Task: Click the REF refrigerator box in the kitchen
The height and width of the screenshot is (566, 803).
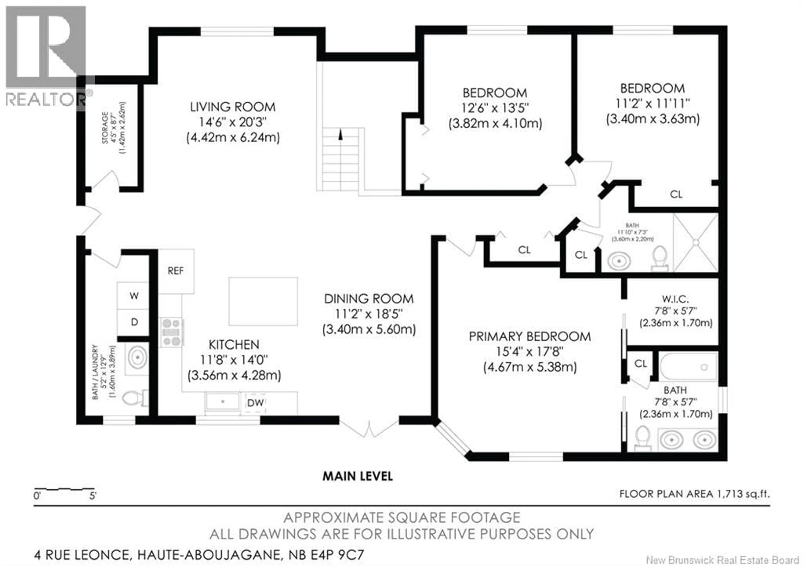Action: [176, 271]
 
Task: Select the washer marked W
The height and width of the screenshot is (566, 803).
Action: [134, 296]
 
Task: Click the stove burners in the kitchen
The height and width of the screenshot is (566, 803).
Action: [172, 332]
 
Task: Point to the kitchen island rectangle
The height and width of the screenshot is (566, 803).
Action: [263, 301]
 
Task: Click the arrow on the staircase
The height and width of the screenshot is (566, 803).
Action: [340, 135]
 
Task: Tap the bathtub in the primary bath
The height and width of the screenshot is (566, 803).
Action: [688, 367]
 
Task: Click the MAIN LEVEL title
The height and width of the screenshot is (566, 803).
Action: [357, 476]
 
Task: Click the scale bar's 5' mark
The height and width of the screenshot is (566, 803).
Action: [93, 496]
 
